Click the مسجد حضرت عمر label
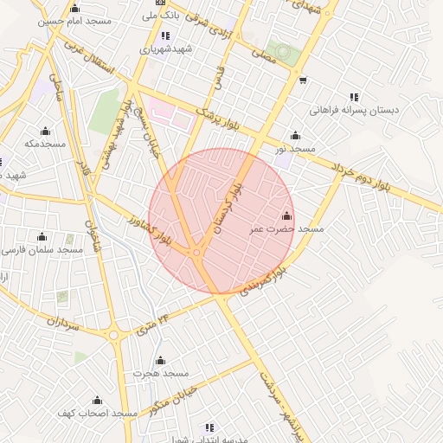[x=286, y=230]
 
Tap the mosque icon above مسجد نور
[x=296, y=136]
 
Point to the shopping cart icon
[x=302, y=80]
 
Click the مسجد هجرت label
[x=160, y=373]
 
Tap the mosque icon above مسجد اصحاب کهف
[x=97, y=401]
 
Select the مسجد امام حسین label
[x=65, y=20]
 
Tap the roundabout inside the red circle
[x=197, y=253]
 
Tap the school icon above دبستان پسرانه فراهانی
[x=353, y=97]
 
